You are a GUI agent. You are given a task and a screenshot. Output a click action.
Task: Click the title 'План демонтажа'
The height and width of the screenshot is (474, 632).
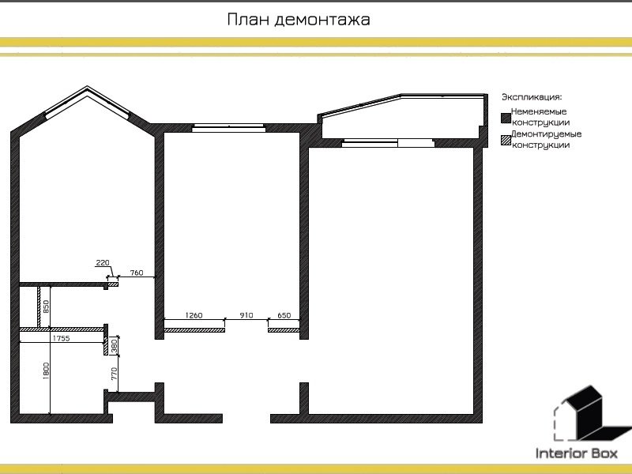pyautogui.click(x=298, y=20)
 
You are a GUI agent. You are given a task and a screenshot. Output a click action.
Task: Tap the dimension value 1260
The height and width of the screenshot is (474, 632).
pyautogui.click(x=194, y=315)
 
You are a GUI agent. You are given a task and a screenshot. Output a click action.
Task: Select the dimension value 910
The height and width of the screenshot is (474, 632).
pyautogui.click(x=246, y=315)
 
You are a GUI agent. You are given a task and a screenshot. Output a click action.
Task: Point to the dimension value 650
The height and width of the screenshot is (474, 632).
pyautogui.click(x=284, y=315)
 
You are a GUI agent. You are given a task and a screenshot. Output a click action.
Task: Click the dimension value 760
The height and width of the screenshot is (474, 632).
pyautogui.click(x=136, y=273)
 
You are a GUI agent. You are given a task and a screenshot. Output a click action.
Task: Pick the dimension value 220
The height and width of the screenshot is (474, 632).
pyautogui.click(x=102, y=262)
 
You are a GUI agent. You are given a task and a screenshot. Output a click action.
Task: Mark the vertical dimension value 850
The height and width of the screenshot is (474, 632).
pyautogui.click(x=46, y=307)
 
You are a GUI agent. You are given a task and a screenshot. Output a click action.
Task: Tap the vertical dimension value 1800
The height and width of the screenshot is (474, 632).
pyautogui.click(x=47, y=371)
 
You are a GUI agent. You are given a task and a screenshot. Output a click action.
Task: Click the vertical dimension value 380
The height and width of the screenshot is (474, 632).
pyautogui.click(x=114, y=345)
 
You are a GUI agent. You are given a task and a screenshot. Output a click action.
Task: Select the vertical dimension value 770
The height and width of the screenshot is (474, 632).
pyautogui.click(x=114, y=374)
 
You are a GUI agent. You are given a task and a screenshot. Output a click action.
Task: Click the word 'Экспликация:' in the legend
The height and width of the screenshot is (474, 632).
pyautogui.click(x=531, y=97)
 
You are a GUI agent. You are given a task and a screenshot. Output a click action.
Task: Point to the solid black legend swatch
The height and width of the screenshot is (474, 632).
pyautogui.click(x=505, y=118)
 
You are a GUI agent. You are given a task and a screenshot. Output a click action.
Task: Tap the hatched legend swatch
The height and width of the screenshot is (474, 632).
pyautogui.click(x=505, y=141)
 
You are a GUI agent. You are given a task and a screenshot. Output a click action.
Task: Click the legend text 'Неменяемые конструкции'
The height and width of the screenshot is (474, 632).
pyautogui.click(x=540, y=117)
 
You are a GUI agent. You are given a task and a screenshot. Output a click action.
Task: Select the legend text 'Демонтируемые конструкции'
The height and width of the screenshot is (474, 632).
pyautogui.click(x=545, y=140)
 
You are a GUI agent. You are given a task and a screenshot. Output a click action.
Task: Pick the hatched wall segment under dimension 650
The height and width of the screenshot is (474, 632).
pyautogui.click(x=283, y=330)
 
